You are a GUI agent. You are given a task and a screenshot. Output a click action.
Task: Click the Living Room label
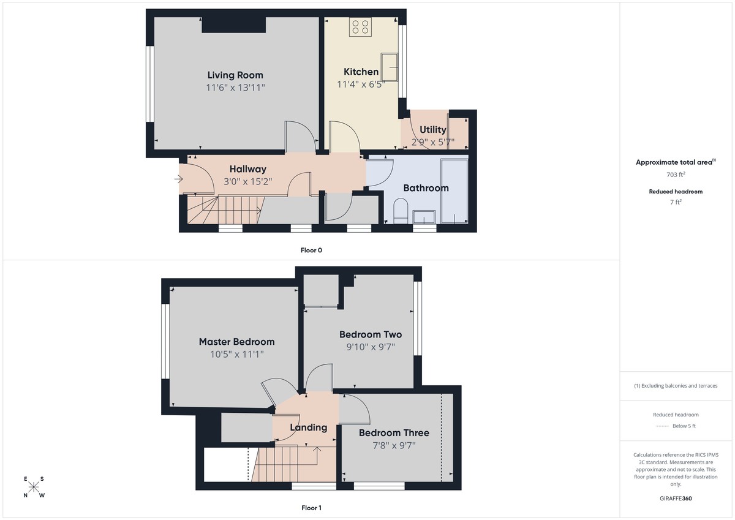tap(235, 75)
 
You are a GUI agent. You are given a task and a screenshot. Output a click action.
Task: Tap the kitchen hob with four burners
tap(360, 26)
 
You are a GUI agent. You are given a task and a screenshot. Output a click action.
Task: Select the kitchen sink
tap(389, 67)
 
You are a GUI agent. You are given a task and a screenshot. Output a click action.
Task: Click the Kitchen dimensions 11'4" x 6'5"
tap(361, 84)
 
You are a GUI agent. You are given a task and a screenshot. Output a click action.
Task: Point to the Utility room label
tap(432, 130)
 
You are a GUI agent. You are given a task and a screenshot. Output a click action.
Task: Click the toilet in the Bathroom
tap(401, 210)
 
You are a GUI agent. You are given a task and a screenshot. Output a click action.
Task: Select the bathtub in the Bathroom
tap(454, 191)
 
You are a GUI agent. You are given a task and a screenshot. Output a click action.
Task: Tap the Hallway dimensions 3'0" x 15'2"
tap(247, 181)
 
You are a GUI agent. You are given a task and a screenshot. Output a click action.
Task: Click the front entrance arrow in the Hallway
tap(178, 179)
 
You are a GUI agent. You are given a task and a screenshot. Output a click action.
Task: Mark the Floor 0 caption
tap(311, 250)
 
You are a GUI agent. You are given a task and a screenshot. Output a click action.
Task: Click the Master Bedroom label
tap(236, 342)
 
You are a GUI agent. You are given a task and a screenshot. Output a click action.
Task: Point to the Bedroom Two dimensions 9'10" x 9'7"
tap(370, 347)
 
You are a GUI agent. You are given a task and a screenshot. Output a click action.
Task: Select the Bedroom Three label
tap(394, 433)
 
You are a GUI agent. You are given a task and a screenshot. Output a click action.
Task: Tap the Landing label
tap(308, 428)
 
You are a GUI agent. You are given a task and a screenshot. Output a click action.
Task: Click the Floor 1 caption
tap(311, 508)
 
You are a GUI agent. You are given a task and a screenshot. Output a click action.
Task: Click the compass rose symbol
tap(34, 488)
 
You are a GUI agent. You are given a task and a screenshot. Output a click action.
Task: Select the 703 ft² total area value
tap(676, 175)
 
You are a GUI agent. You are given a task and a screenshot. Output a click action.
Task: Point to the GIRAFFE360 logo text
tap(676, 499)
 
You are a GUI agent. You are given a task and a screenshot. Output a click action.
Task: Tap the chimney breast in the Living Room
tap(233, 24)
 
